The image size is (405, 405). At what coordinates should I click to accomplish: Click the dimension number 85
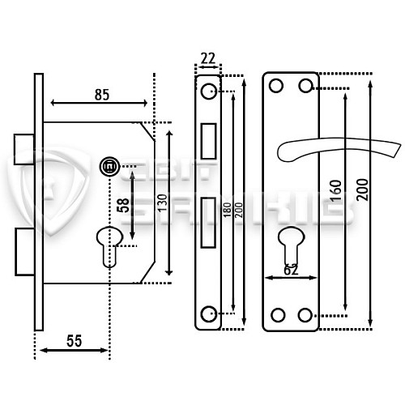(101, 94)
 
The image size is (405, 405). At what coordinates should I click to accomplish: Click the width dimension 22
(207, 58)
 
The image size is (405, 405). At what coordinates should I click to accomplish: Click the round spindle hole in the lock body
(107, 167)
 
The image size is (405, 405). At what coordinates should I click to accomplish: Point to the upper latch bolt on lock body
(23, 142)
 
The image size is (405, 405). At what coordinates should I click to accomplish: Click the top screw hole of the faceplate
(209, 88)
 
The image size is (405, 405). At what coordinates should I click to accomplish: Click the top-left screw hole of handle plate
(276, 85)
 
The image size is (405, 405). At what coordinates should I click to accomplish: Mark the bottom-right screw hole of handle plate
(306, 315)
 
